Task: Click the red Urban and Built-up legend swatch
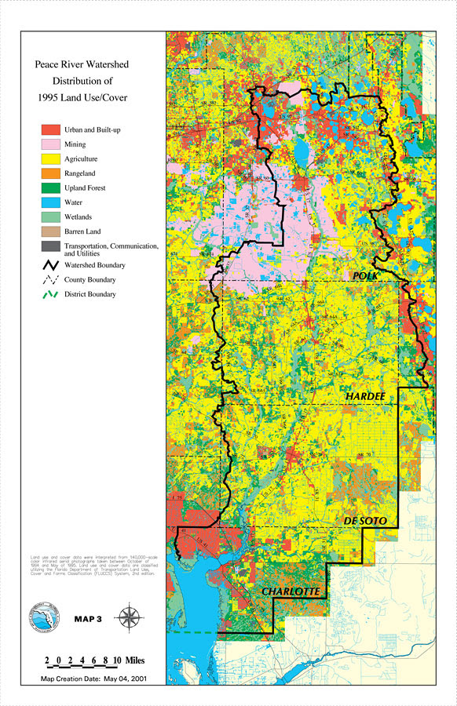(51, 129)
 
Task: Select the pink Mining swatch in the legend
(51, 144)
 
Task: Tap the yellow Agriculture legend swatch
(51, 158)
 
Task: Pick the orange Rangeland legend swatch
(51, 173)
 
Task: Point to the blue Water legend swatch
(51, 202)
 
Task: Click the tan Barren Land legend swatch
(51, 231)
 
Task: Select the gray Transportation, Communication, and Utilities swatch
(51, 246)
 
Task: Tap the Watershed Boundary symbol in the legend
(51, 264)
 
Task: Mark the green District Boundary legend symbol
(51, 294)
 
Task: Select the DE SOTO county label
(366, 521)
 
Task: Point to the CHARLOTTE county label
(291, 591)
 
